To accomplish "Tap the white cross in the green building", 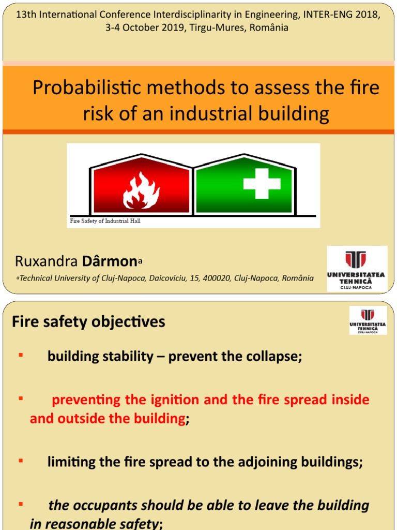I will pos(262,184).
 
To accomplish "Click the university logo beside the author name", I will pos(356,269).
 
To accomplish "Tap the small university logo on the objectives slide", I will pos(368,320).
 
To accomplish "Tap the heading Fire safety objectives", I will pos(88,321).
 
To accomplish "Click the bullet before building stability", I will pos(21,355).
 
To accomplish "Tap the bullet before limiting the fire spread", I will pos(21,460).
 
